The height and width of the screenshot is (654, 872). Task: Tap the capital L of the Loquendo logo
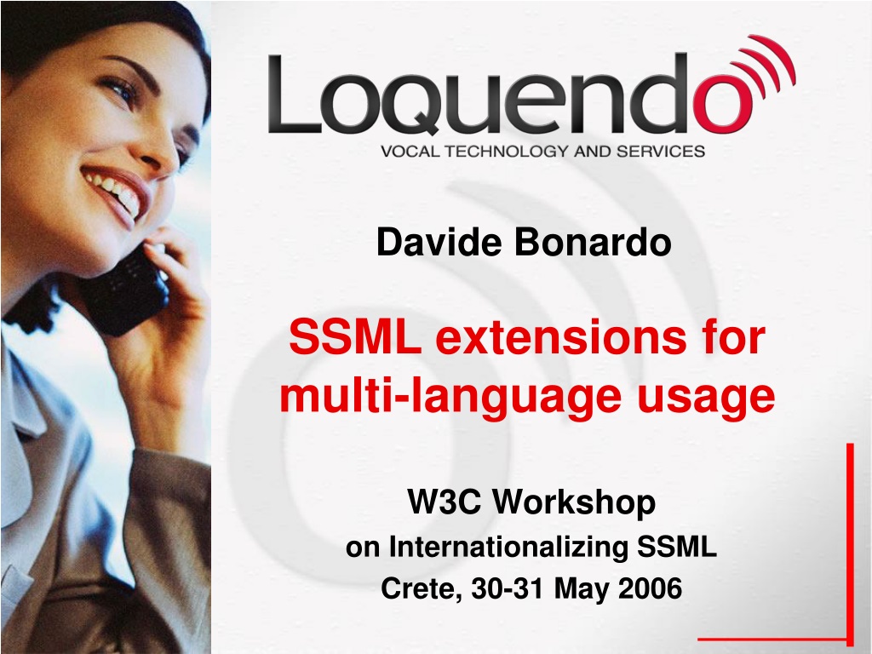click(295, 94)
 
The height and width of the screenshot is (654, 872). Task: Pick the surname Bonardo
click(593, 242)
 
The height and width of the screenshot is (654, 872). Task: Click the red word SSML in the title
click(355, 336)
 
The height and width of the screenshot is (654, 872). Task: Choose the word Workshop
click(576, 502)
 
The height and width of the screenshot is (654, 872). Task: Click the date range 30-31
click(507, 588)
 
